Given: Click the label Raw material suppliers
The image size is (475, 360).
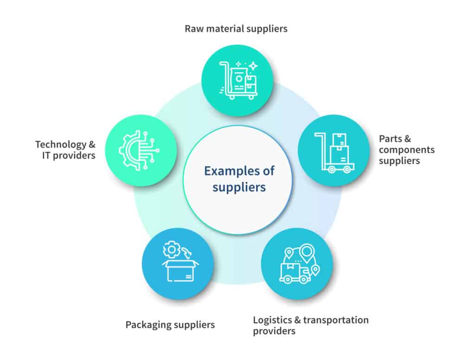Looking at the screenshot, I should (236, 29).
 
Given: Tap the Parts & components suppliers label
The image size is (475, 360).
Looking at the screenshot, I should (406, 150).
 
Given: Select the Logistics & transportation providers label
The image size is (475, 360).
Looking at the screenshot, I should (310, 325).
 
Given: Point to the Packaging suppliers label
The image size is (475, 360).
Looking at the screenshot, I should (170, 325).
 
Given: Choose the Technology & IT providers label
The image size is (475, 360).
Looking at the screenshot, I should (65, 150).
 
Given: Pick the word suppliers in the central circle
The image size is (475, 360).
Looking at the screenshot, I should (239, 187).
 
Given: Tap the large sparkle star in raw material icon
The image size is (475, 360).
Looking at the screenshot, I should (253, 66).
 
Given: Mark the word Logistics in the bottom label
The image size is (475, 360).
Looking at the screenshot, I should (271, 320).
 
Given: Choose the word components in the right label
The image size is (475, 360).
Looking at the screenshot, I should (406, 150).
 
